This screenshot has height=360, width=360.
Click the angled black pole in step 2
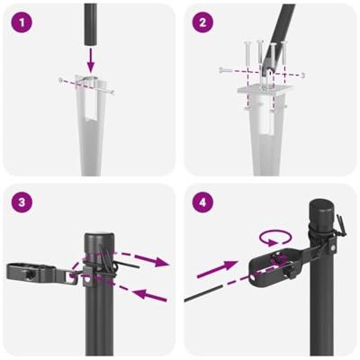(x=283, y=27)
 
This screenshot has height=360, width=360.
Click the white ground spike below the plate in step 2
(x=267, y=135)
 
